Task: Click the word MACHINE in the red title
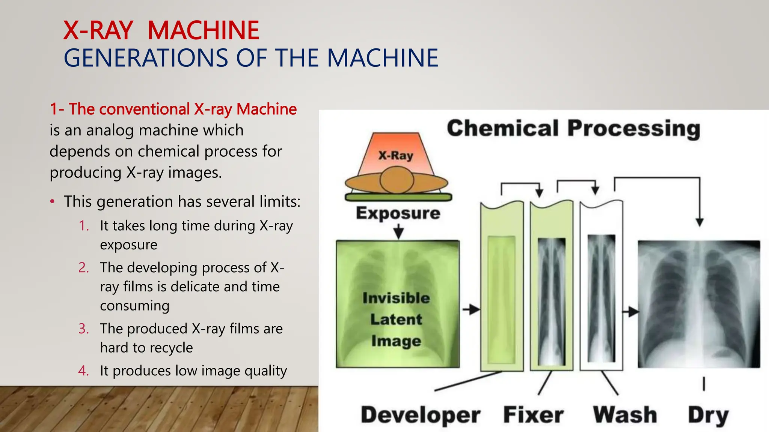203,30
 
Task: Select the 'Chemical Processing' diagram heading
573,128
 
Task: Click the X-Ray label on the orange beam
395,155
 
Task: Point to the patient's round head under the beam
397,180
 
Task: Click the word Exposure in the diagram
398,213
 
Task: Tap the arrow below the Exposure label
398,231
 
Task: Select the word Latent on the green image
396,319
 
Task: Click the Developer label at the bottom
421,415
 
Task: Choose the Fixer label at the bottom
533,415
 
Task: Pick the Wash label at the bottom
625,415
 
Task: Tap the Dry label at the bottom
708,415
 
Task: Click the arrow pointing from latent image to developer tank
471,310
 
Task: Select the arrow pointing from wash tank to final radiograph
631,311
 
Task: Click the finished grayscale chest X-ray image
699,304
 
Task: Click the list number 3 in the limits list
83,328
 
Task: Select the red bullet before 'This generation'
53,202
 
